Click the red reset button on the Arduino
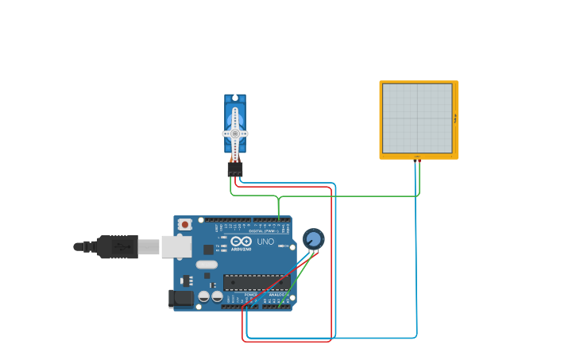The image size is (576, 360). (x=185, y=225)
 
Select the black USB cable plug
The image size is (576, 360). (x=118, y=247)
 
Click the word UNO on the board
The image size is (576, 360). (x=265, y=242)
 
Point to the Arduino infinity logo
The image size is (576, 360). (x=242, y=241)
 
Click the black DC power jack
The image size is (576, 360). (x=180, y=299)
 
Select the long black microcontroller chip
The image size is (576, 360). (x=256, y=281)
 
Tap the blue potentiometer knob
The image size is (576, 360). (x=314, y=238)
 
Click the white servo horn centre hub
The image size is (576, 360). (x=235, y=134)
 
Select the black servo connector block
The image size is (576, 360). (x=235, y=168)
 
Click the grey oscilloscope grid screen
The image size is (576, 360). (x=417, y=118)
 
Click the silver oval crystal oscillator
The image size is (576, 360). (x=206, y=265)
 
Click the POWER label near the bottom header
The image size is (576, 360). (x=250, y=295)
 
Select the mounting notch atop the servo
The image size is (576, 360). (x=235, y=98)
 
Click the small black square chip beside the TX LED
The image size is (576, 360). (x=208, y=250)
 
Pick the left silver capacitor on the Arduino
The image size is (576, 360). (x=204, y=296)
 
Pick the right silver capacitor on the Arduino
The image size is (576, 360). (x=217, y=296)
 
